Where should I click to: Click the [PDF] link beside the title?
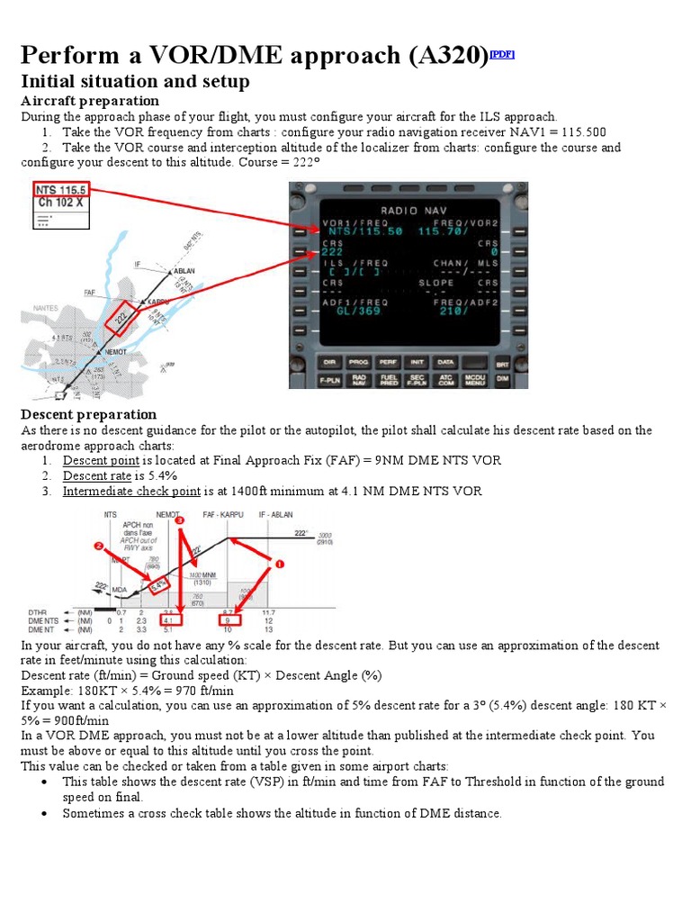point(501,54)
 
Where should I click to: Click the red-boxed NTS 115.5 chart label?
point(60,190)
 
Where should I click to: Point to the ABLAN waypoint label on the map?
point(184,270)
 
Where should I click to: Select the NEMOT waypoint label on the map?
point(115,351)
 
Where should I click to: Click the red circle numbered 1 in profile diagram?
point(278,564)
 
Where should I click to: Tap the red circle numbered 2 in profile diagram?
point(97,546)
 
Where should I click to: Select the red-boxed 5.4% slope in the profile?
point(159,585)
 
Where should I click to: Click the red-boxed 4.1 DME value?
point(169,620)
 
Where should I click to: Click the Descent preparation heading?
point(88,414)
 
